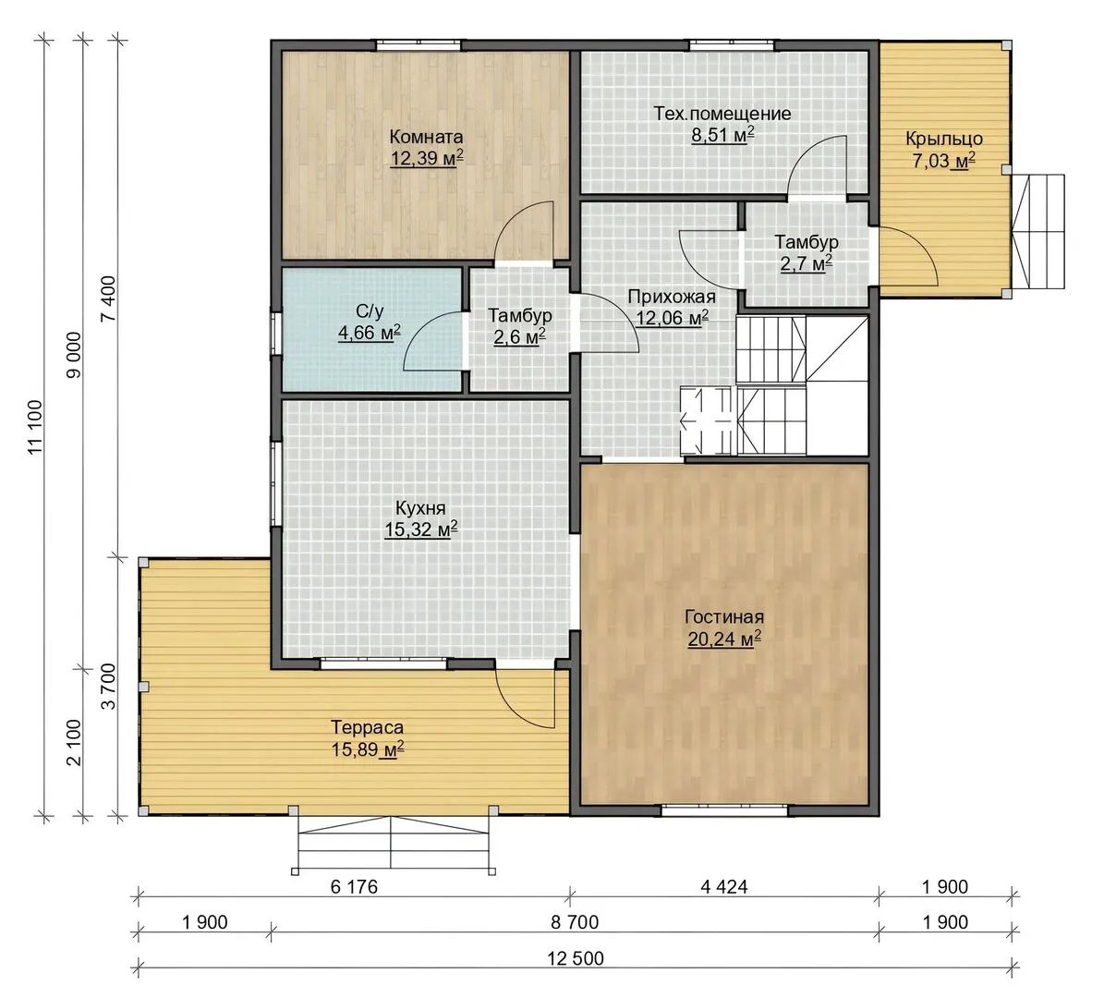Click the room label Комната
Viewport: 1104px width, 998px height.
click(x=426, y=137)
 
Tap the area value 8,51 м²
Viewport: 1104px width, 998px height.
click(x=722, y=135)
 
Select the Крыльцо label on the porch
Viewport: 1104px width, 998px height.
click(x=944, y=139)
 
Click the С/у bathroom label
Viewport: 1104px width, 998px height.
click(x=370, y=310)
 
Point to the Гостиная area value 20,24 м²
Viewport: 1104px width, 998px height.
click(x=723, y=639)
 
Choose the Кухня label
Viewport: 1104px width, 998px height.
click(x=420, y=508)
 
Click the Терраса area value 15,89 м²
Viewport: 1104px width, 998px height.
click(x=368, y=749)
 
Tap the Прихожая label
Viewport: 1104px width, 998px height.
click(x=672, y=298)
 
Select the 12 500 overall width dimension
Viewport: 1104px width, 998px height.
click(x=576, y=958)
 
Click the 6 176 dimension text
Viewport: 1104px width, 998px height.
click(x=354, y=886)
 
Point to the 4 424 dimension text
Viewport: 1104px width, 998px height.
click(x=723, y=886)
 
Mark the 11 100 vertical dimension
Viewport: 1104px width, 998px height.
click(x=36, y=428)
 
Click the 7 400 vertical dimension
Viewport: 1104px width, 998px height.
click(x=108, y=298)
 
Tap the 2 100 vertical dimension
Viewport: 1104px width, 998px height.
click(x=73, y=742)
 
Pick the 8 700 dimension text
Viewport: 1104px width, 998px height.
click(x=576, y=922)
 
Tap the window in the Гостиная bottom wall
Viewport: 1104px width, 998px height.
click(x=724, y=810)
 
